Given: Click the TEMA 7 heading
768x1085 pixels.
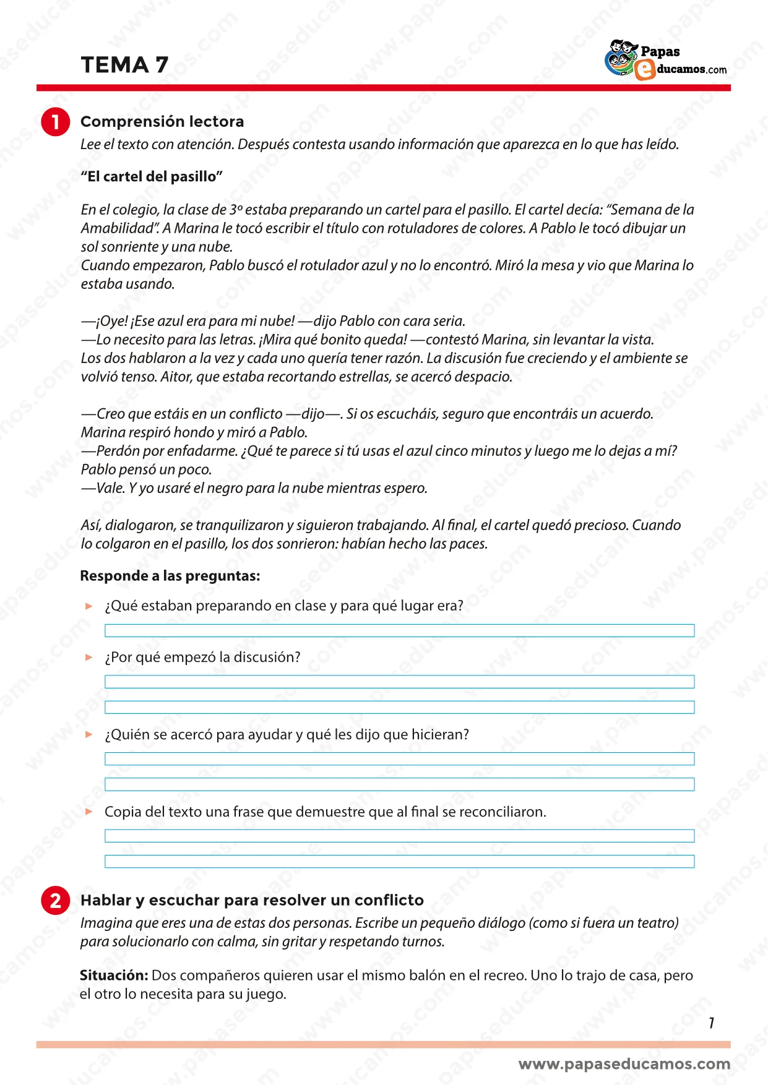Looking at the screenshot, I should (124, 65).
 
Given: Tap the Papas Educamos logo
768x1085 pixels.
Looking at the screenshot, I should (665, 60).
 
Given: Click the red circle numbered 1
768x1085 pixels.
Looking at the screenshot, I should (55, 122).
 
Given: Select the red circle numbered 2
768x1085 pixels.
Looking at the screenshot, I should (55, 901).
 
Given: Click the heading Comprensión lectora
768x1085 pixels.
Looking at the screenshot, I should (162, 121).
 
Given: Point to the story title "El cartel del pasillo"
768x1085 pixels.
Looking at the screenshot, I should (152, 177).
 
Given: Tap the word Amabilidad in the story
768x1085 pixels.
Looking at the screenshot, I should (119, 228).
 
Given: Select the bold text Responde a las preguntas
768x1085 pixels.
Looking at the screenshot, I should (170, 576).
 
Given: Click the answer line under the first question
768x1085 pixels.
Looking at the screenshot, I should (399, 630).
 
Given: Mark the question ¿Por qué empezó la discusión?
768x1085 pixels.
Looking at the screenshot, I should (202, 657).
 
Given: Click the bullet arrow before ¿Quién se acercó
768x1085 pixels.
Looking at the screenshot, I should (89, 734).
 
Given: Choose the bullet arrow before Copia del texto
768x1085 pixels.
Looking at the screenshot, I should (89, 812).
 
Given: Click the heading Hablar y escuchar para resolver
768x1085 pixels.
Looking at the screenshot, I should (252, 900).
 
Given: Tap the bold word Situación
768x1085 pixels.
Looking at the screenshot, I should (114, 976).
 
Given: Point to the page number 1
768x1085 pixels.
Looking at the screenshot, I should (712, 1023).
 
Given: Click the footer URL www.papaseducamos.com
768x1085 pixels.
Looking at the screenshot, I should (624, 1064).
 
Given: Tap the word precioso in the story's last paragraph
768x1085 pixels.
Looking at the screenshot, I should (600, 525).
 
